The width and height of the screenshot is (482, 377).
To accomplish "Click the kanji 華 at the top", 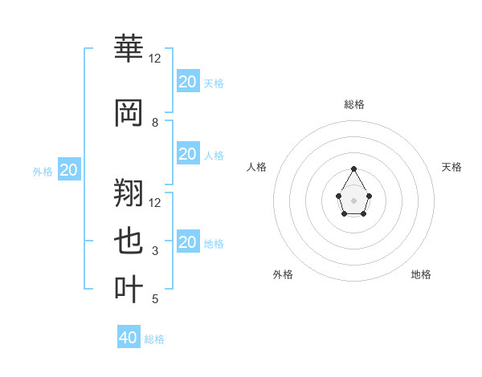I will [x=129, y=50].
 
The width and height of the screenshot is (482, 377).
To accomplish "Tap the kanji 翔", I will [x=129, y=193].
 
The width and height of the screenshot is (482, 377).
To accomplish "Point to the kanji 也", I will [x=129, y=242].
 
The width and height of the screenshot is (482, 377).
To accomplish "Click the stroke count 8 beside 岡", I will [x=155, y=123].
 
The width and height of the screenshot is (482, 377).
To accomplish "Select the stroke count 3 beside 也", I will [x=155, y=251].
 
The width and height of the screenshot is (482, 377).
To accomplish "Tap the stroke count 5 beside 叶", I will [x=155, y=299].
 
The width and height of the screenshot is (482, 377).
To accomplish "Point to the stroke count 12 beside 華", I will [x=155, y=59].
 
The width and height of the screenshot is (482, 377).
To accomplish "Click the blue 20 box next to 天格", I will [x=187, y=82].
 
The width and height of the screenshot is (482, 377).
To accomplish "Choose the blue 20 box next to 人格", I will [x=187, y=154].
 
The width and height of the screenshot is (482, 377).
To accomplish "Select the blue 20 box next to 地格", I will [x=187, y=242].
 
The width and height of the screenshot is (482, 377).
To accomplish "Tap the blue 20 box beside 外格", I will [x=69, y=170].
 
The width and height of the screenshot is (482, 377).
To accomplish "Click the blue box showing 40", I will [x=129, y=338].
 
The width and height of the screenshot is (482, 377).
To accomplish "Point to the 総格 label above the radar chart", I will [x=353, y=104].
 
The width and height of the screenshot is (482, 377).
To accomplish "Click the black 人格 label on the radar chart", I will [x=257, y=167].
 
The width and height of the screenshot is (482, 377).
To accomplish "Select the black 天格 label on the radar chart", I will [x=451, y=167].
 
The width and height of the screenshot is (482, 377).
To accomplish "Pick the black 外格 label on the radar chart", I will [x=283, y=274].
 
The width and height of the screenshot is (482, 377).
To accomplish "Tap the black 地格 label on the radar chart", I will [x=421, y=274].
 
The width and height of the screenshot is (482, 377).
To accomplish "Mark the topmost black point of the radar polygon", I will [x=353, y=168].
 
